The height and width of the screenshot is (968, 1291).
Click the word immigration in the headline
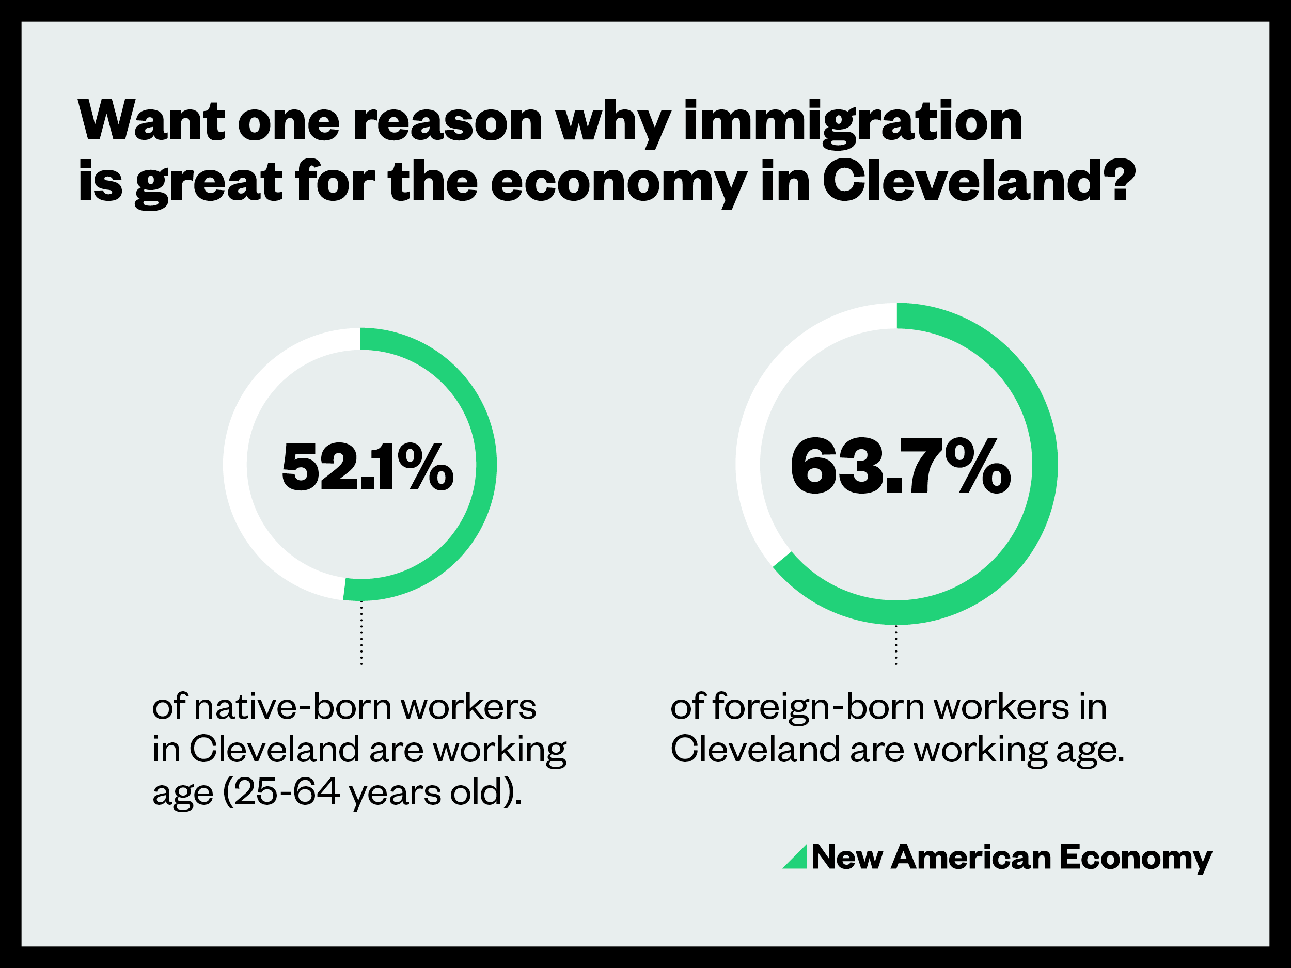pos(853,122)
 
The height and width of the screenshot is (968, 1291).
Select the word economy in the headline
pos(619,183)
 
